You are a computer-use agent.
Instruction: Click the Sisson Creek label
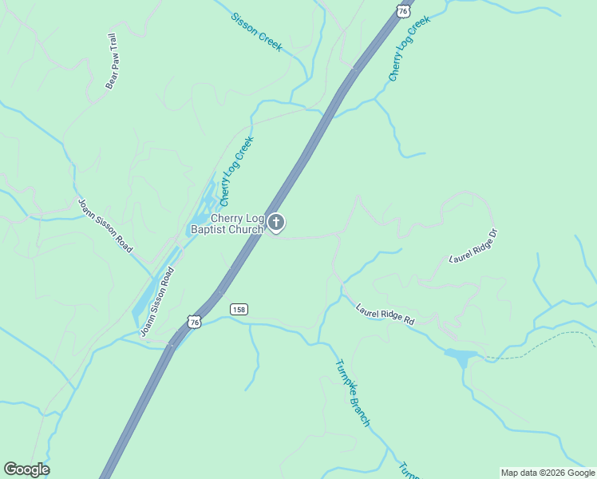(257, 32)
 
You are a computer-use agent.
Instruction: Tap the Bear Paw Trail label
(112, 61)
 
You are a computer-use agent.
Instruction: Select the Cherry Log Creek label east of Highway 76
(409, 48)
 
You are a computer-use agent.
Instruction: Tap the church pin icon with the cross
(276, 223)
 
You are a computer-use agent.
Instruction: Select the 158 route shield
(238, 308)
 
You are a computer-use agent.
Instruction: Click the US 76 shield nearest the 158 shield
(194, 321)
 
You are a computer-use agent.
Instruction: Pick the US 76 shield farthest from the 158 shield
(403, 10)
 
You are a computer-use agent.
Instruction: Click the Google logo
(26, 469)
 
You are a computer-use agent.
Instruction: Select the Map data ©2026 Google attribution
(547, 473)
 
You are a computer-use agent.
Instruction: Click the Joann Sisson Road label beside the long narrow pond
(156, 302)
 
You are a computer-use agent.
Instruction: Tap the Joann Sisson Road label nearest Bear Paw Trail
(105, 226)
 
